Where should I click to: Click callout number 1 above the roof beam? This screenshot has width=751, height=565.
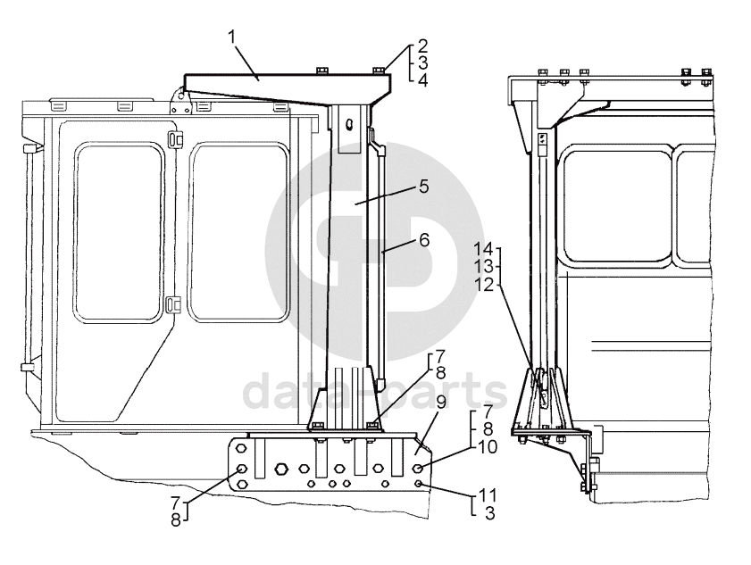pos(233,37)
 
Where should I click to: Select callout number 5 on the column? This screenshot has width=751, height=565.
pos(424,187)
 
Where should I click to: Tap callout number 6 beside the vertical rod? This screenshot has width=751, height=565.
pos(424,240)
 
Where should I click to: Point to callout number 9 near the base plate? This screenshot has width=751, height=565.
pos(440,403)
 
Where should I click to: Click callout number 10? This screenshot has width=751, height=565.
pos(488,447)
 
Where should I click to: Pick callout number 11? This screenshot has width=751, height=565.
pos(488,494)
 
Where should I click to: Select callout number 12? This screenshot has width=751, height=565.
pos(484,285)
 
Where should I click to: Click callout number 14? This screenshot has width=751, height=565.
pos(484,249)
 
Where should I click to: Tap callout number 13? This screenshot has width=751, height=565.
pos(484,267)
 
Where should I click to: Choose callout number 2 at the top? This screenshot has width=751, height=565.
pos(422,46)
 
